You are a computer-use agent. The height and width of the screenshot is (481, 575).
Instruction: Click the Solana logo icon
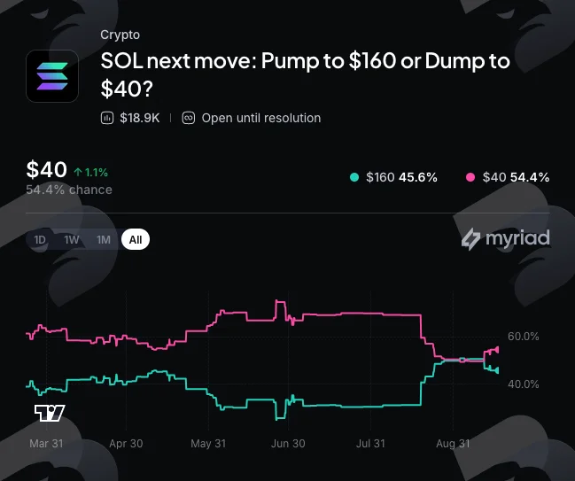point(52,76)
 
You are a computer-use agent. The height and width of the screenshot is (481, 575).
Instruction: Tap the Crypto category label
point(120,35)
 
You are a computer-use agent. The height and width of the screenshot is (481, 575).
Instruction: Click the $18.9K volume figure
point(140,118)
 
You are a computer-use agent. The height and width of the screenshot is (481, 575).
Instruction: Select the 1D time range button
point(40,239)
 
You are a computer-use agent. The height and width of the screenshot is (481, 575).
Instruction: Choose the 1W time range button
point(72,239)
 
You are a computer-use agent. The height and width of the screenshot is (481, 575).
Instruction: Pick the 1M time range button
point(104,239)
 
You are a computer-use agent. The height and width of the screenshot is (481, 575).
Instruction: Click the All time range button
point(136,239)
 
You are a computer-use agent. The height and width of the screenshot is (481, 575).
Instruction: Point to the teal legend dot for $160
point(354,177)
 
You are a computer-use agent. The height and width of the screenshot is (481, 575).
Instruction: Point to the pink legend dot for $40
point(470,177)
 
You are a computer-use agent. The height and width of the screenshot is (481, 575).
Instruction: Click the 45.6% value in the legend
point(418,177)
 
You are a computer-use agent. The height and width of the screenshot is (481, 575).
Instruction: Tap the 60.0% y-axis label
point(524,337)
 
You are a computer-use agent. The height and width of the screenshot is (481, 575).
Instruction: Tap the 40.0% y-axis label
point(524,384)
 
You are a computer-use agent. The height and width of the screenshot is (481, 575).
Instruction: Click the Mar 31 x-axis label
point(46,444)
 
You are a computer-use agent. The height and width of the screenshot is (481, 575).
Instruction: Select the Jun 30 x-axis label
point(288,444)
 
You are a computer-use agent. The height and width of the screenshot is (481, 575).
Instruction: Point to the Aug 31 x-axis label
point(453,444)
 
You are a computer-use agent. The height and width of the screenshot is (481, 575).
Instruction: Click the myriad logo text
point(517,238)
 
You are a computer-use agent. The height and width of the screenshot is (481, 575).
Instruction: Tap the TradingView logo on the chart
point(50,413)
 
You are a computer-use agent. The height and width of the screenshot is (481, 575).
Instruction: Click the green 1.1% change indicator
point(91,173)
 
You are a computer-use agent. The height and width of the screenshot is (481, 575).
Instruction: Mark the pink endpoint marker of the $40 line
point(497,350)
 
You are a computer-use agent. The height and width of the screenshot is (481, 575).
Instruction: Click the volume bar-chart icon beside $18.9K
point(107,118)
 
